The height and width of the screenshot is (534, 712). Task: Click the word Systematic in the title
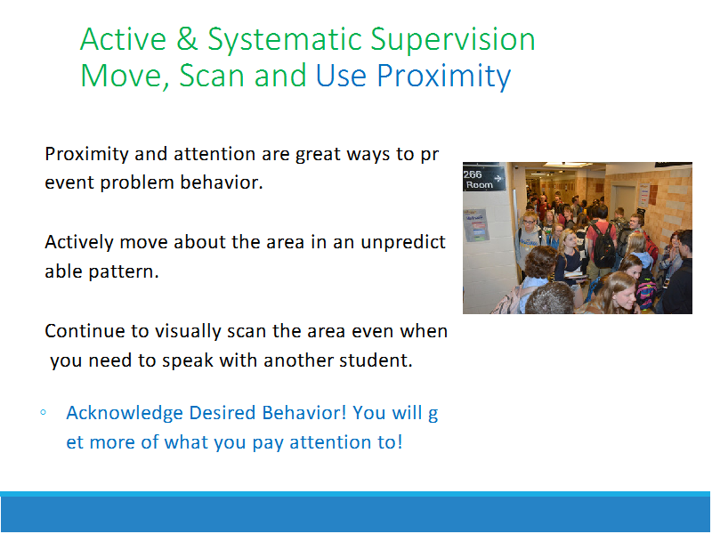coord(285,39)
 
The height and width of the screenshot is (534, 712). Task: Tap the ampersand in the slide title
coord(187,38)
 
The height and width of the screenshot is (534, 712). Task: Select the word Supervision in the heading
coord(453,39)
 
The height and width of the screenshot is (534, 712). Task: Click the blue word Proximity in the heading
coord(443,76)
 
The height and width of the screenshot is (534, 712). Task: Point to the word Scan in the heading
coord(212,76)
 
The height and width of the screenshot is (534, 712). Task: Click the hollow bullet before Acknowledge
coord(43,413)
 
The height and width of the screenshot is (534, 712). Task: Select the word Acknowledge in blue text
coord(125,414)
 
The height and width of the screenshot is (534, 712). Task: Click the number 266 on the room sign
coord(473,174)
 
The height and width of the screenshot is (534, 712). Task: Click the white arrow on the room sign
coord(498,179)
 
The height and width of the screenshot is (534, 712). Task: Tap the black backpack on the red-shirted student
coord(603,246)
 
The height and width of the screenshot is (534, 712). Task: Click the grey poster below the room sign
coord(476,225)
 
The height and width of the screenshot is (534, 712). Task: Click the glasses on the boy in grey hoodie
coord(530,222)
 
